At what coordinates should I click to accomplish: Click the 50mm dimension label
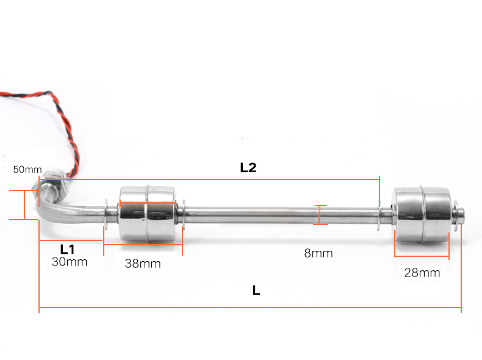click(x=27, y=170)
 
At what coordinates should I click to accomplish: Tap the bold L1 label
click(x=67, y=250)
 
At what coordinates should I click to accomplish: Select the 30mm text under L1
click(x=70, y=262)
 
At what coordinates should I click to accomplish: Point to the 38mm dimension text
click(x=143, y=264)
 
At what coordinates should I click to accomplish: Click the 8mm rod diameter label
click(x=318, y=253)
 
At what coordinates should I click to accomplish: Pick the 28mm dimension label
click(x=422, y=273)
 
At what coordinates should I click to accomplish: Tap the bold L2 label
click(x=248, y=168)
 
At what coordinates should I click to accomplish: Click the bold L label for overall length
click(x=256, y=290)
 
